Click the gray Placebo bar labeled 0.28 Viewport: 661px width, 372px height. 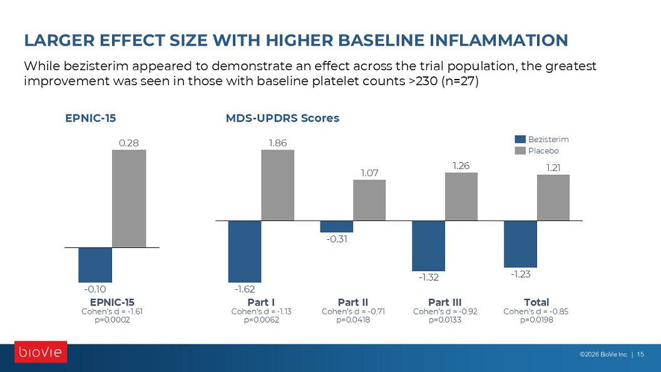tap(129, 199)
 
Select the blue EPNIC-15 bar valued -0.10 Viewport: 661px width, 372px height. tap(95, 265)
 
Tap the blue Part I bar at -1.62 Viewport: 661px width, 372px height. tap(245, 251)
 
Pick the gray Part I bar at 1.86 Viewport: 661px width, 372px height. tap(278, 185)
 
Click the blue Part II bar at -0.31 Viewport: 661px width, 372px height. tap(336, 227)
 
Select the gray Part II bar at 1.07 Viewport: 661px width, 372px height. tap(369, 200)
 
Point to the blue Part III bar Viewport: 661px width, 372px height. tap(428, 246)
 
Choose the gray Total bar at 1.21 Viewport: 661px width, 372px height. tap(553, 198)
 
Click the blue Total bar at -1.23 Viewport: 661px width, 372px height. tap(520, 244)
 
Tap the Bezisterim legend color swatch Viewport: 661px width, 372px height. tap(520, 139)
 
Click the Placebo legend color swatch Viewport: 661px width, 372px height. tap(520, 150)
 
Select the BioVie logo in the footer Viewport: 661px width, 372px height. tap(41, 352)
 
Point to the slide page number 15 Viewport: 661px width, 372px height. tap(640, 354)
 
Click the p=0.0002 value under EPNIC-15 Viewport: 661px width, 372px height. tap(112, 319)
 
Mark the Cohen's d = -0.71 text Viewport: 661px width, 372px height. tap(353, 311)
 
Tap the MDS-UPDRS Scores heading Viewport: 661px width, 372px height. tap(282, 118)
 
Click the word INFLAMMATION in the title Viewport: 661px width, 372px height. tap(499, 41)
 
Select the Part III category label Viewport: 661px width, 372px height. tap(445, 302)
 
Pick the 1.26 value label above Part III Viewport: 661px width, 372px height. tap(461, 166)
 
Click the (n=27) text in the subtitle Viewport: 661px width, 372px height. tap(460, 81)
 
